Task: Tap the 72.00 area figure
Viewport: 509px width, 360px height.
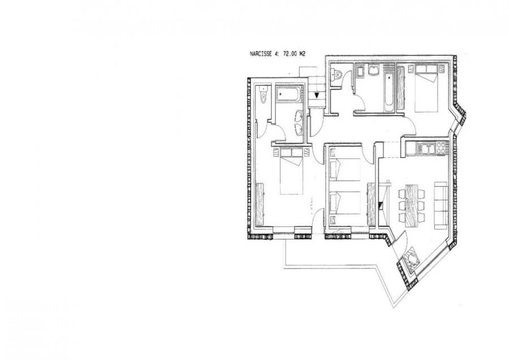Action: (288, 54)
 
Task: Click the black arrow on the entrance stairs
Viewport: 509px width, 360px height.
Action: (317, 95)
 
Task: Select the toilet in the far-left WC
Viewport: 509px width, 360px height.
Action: (263, 95)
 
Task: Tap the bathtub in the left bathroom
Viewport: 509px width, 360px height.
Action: (288, 93)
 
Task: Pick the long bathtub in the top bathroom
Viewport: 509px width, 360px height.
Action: (388, 87)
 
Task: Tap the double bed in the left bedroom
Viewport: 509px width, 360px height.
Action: (291, 171)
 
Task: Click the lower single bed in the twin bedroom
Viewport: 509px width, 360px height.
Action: (345, 203)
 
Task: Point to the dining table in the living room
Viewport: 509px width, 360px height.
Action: (412, 205)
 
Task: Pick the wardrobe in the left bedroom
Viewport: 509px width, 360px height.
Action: (260, 204)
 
